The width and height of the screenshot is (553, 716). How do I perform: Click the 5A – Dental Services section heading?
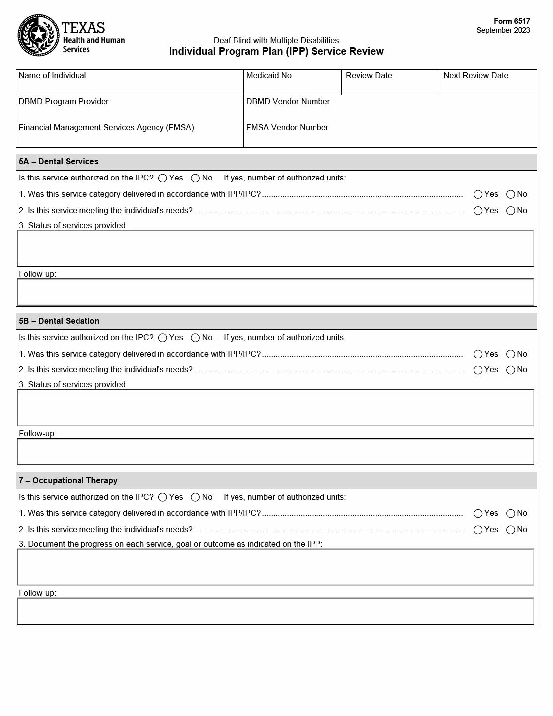point(59,162)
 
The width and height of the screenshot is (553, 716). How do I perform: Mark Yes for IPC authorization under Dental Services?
point(163,179)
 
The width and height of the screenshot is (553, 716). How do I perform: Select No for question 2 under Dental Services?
point(511,211)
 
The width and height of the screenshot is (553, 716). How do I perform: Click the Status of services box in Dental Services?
point(276,248)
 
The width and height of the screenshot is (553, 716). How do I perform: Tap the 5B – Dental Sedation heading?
point(59,321)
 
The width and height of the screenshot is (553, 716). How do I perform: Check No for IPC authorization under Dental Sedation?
point(195,338)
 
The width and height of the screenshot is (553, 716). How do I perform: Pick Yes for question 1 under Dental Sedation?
point(478,354)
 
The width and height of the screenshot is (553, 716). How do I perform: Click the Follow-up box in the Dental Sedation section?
point(276,451)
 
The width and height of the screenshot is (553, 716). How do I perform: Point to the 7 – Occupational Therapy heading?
point(68,481)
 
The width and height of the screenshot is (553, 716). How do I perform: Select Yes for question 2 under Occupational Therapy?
point(478,530)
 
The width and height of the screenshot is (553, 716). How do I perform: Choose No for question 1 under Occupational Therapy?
point(511,514)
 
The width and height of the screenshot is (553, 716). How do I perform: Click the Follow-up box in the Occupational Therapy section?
point(276,611)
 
